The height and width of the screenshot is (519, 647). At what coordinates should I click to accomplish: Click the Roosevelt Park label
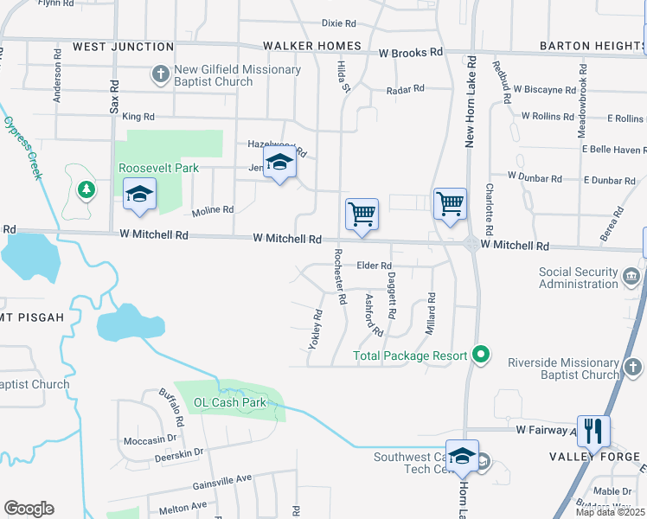coord(159,168)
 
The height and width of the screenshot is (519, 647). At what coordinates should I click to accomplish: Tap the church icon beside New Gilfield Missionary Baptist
coord(160,75)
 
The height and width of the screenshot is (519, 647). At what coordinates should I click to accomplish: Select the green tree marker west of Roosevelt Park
coord(85,188)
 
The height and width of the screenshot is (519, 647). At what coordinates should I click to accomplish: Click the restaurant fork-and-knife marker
coord(593,430)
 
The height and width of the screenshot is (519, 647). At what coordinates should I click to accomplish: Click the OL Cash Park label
coord(229,402)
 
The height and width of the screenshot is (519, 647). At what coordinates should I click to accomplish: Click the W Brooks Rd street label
coord(411,52)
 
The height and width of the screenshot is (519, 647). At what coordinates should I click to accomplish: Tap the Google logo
coord(29,509)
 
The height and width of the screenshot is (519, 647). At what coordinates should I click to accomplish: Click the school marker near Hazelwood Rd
coord(279,163)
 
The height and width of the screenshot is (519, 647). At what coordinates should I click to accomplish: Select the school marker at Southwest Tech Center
coord(463,456)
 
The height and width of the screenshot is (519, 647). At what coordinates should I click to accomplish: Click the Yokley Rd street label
coord(316,330)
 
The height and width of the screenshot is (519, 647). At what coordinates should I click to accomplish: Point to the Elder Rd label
coord(375,266)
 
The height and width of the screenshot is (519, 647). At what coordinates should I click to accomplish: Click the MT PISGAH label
coord(33,317)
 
